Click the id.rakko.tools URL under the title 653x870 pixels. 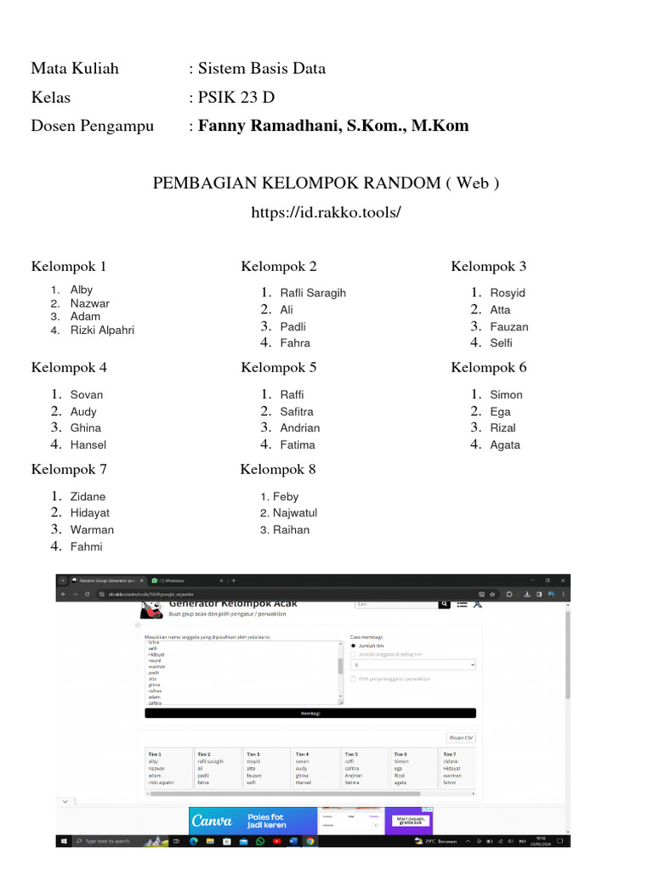pos(326,212)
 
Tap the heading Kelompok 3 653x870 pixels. pos(488,266)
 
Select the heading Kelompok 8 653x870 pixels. pos(278,469)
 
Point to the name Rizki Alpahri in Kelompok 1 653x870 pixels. pos(102,330)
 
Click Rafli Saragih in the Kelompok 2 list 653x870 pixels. pos(313,292)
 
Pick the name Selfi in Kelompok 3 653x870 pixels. pos(501,342)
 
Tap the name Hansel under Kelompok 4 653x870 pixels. pos(88,444)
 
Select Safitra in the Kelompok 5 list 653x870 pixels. pos(297,411)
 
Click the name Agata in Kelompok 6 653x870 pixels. pos(505,444)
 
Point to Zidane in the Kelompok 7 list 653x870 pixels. pos(88,496)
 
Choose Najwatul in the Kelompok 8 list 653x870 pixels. pos(295,512)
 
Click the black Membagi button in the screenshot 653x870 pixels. pos(310,714)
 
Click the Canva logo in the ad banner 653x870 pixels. pos(213,821)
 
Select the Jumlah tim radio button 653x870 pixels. pos(354,646)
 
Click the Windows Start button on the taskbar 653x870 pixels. pos(65,841)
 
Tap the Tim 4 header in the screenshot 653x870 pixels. pos(302,754)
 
